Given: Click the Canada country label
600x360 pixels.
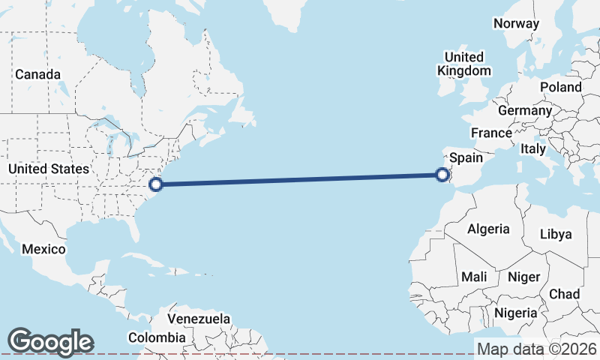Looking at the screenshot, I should (x=37, y=74).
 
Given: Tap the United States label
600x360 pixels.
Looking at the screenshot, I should (x=48, y=169).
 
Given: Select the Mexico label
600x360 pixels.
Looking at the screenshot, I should (x=43, y=249).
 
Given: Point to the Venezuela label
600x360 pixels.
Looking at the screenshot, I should (x=199, y=319).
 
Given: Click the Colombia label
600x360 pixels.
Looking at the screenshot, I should (x=156, y=338).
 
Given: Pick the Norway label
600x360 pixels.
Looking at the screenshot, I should (x=516, y=23).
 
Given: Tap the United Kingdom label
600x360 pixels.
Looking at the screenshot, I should (x=464, y=64).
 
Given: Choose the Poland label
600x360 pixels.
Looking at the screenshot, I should (x=560, y=87).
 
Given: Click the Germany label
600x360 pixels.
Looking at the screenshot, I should (x=525, y=110).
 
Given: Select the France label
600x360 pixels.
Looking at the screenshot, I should (x=491, y=133).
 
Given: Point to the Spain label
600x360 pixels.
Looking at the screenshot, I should (x=466, y=158).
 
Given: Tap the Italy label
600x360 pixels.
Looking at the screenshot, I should (x=533, y=149).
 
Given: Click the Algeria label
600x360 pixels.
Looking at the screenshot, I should (x=488, y=229).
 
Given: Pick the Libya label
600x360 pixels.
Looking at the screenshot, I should (x=556, y=234).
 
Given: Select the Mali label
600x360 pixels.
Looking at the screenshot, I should (x=474, y=277).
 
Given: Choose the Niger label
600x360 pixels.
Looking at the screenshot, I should (x=523, y=277).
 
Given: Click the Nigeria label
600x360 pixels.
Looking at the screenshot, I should (x=516, y=312).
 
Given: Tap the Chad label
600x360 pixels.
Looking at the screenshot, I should (x=564, y=294).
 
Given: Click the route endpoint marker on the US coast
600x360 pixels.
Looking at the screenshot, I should (x=156, y=183).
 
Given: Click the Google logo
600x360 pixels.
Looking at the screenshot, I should (x=50, y=342).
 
